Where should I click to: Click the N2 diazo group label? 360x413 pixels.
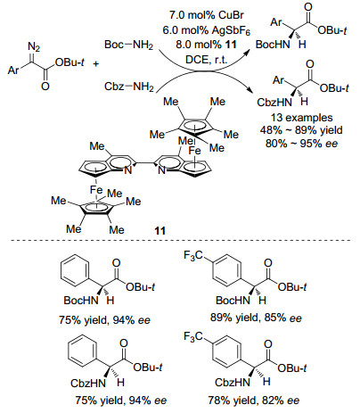pyautogui.click(x=34, y=47)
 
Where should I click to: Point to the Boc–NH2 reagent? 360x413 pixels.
pyautogui.click(x=128, y=45)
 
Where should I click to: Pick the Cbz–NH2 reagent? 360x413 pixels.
pyautogui.click(x=128, y=87)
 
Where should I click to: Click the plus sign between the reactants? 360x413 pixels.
pyautogui.click(x=96, y=63)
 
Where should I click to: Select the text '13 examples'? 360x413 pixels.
pyautogui.click(x=301, y=118)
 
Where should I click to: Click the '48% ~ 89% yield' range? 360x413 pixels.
pyautogui.click(x=301, y=130)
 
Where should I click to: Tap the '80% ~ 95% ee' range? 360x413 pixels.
pyautogui.click(x=301, y=144)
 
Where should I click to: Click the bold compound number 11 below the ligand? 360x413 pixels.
pyautogui.click(x=160, y=230)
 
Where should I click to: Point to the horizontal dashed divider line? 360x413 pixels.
pyautogui.click(x=181, y=240)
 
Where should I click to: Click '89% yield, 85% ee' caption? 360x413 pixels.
pyautogui.click(x=256, y=318)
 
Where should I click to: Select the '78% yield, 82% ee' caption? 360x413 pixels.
pyautogui.click(x=253, y=401)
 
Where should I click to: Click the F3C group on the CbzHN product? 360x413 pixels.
pyautogui.click(x=193, y=337)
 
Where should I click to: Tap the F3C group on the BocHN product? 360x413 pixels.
pyautogui.click(x=193, y=255)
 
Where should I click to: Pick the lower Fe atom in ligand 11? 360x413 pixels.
pyautogui.click(x=96, y=190)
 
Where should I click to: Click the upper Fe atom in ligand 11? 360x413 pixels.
pyautogui.click(x=195, y=151)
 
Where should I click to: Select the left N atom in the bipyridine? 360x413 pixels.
pyautogui.click(x=127, y=170)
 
